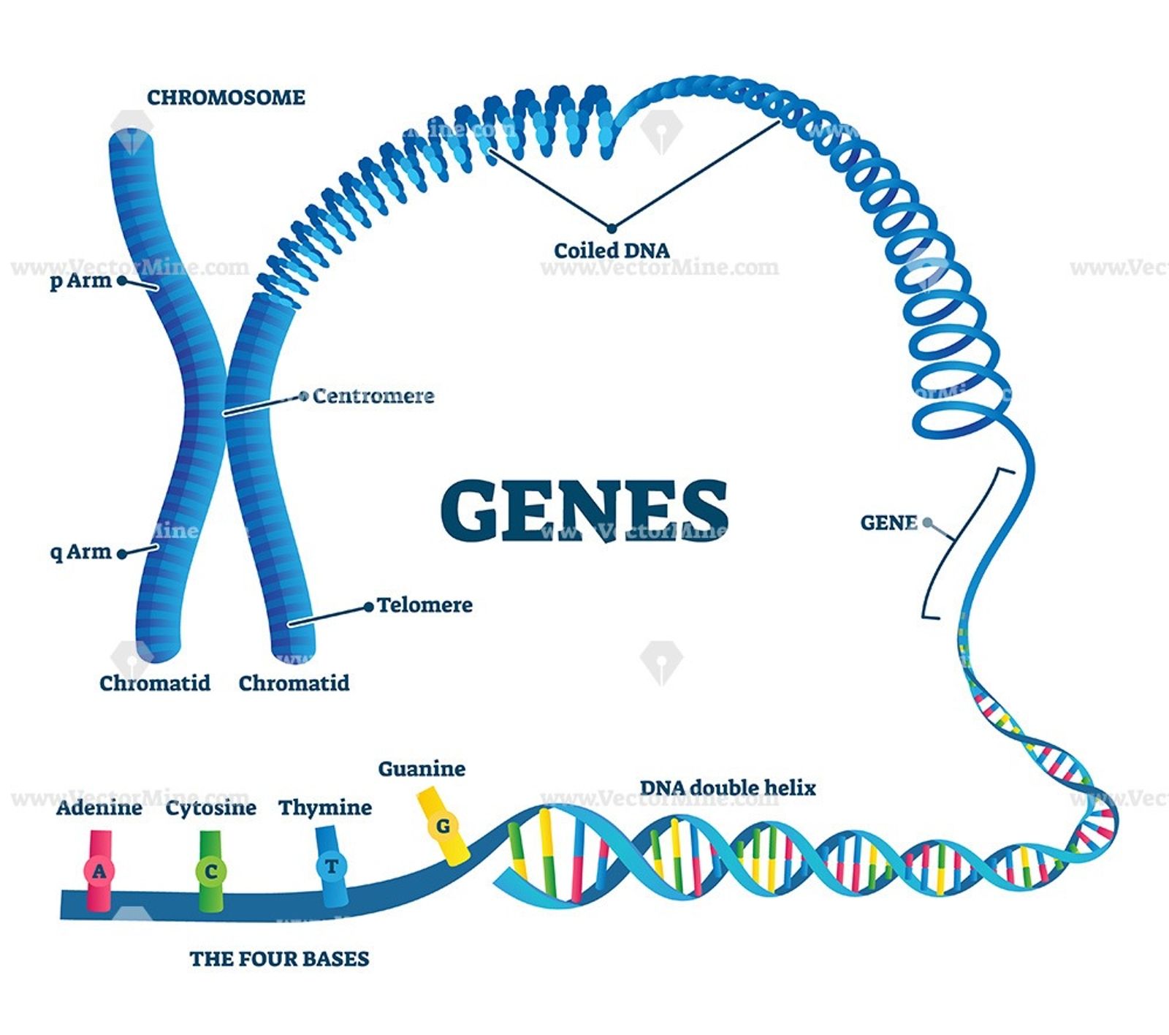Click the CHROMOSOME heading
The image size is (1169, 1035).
tap(226, 97)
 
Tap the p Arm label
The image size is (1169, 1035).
tap(80, 281)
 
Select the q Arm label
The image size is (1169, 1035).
tap(80, 552)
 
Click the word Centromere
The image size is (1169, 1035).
tap(373, 396)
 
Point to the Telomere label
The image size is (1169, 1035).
tap(424, 605)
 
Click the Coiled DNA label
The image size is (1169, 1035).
tap(612, 251)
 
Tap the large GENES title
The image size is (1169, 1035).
tap(584, 510)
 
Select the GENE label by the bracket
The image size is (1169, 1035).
tap(888, 523)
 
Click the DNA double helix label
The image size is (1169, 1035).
tap(728, 788)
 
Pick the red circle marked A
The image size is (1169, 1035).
tap(99, 871)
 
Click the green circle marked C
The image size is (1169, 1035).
tap(210, 871)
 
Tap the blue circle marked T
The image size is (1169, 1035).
tap(331, 867)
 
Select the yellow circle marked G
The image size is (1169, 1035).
tap(443, 827)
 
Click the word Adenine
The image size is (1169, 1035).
tap(99, 808)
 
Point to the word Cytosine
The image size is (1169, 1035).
tap(210, 808)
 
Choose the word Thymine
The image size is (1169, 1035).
tap(325, 808)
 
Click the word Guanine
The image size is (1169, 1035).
tap(422, 769)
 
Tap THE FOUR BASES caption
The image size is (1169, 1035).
tap(279, 958)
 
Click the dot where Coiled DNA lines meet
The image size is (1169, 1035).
tap(612, 228)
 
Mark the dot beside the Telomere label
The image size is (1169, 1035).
tap(369, 607)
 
